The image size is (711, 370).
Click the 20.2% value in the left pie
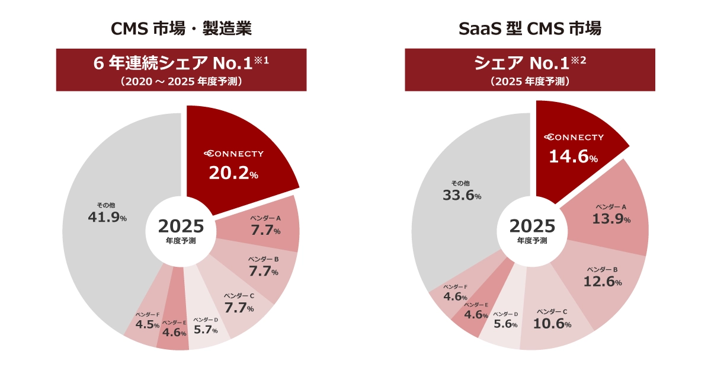[x=233, y=173]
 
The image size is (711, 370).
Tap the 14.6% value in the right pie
[x=573, y=157]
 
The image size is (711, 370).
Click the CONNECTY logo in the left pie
[x=233, y=154]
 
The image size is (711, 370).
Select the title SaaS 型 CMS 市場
[x=530, y=28]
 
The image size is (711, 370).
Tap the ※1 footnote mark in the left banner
[x=261, y=60]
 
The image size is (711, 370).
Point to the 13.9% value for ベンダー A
[x=611, y=218]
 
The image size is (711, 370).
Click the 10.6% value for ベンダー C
[x=552, y=324]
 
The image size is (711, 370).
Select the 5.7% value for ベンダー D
[x=206, y=330]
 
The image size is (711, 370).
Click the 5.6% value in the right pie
[x=505, y=324]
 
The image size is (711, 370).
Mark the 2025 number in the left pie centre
[x=181, y=227]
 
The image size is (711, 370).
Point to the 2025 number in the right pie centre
[x=532, y=226]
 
